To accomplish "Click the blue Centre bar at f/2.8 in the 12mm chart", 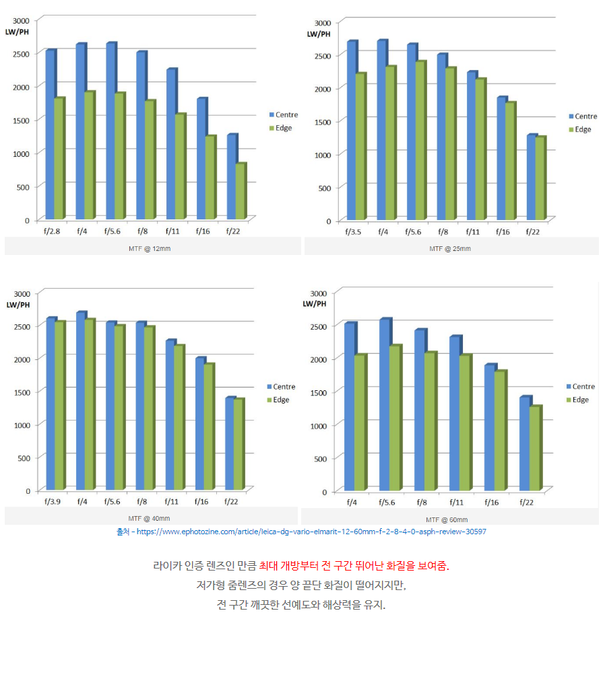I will coord(49,135).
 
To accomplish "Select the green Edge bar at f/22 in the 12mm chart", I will coord(241,192).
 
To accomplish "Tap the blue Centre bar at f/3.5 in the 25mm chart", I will coord(350,131).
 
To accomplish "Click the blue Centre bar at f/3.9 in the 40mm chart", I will coord(50,404).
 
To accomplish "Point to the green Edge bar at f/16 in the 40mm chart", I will coord(209,427).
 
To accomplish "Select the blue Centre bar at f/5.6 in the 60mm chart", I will coord(384,404).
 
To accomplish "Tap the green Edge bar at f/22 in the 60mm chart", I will coord(535,449).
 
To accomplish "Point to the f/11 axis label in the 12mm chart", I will coord(173,231).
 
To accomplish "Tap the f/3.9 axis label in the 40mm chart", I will coord(52,501).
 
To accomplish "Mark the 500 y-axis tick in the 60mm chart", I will coord(319,459).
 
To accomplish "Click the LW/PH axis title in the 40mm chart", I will coord(18,305).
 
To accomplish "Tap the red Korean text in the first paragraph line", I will coord(354,565).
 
